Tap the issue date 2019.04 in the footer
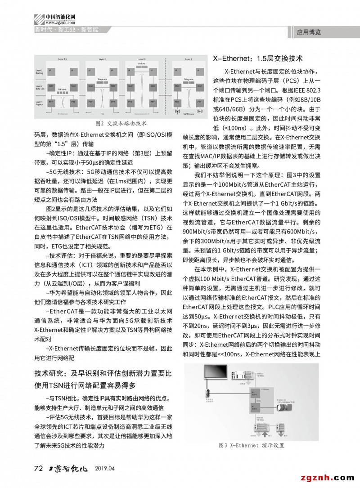pos(105,469)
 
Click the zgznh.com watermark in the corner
pos(328,477)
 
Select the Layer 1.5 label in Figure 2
pos(63,59)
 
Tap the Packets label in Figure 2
pos(141,64)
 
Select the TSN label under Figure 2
pos(102,114)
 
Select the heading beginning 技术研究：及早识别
pos(103,374)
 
